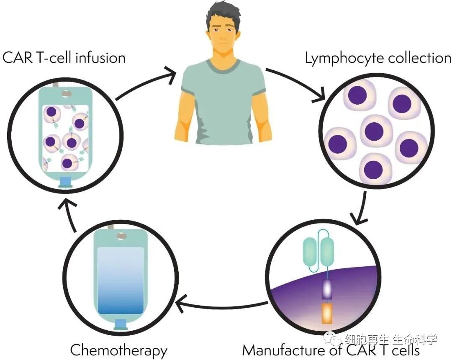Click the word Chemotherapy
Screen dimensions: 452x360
(119, 350)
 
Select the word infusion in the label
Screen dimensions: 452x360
(100, 58)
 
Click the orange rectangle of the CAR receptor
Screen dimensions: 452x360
(327, 313)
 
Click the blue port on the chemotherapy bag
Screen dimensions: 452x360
(121, 325)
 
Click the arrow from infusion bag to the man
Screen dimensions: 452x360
(146, 84)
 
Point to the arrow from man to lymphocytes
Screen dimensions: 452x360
(297, 84)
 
